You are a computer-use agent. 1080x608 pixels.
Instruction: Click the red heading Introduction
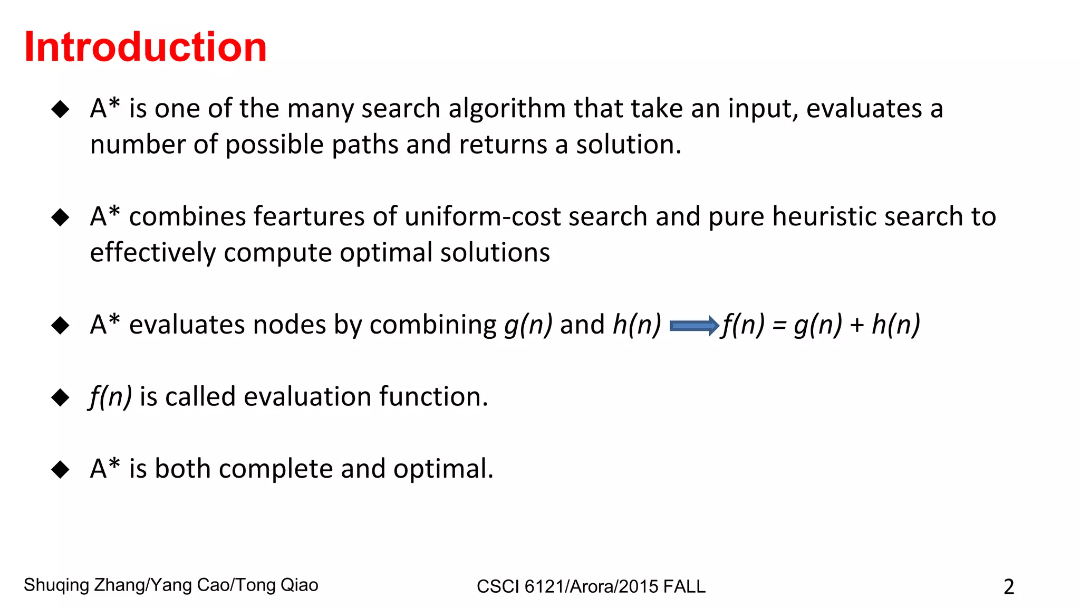pyautogui.click(x=146, y=47)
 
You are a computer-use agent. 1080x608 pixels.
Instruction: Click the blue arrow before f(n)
pyautogui.click(x=694, y=326)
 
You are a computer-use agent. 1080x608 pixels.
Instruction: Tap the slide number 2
pyautogui.click(x=1008, y=587)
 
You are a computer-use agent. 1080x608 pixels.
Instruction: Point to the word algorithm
pyautogui.click(x=507, y=109)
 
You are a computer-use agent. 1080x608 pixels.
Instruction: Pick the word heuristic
pyautogui.click(x=824, y=216)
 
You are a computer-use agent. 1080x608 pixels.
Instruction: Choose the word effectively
pyautogui.click(x=152, y=252)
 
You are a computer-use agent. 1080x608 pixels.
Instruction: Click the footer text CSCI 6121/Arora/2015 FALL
pyautogui.click(x=591, y=586)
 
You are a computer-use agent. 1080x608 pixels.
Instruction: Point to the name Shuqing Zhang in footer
pyautogui.click(x=85, y=585)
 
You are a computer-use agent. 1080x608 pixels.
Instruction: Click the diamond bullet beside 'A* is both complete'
pyautogui.click(x=61, y=469)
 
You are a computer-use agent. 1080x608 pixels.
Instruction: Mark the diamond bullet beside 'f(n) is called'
pyautogui.click(x=61, y=397)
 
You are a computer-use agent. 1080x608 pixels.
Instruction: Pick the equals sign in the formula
pyautogui.click(x=779, y=326)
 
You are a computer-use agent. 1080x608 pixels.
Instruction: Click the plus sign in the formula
pyautogui.click(x=857, y=326)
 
